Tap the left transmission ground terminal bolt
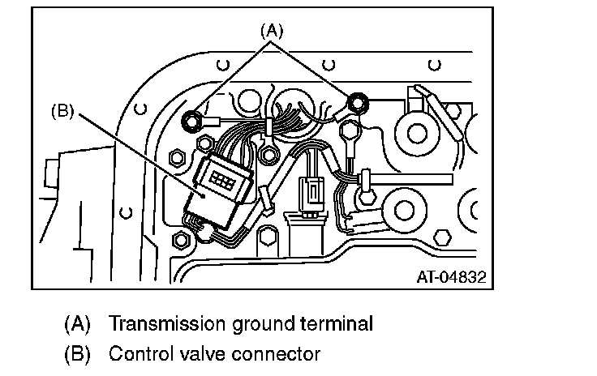coord(192,122)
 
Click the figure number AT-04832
coord(451,276)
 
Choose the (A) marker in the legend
coord(78,324)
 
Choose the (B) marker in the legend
coord(78,353)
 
